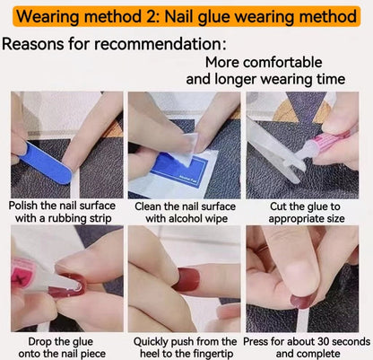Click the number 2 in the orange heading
click(x=148, y=16)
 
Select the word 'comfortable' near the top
click(x=282, y=63)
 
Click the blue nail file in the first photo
click(x=46, y=162)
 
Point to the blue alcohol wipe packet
click(x=173, y=173)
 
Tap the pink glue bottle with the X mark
click(x=22, y=277)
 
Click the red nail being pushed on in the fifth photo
click(x=186, y=279)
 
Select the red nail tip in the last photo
click(x=303, y=300)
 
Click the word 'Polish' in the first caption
click(x=23, y=206)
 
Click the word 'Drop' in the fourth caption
click(x=40, y=342)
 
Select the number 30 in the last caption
click(x=324, y=341)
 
